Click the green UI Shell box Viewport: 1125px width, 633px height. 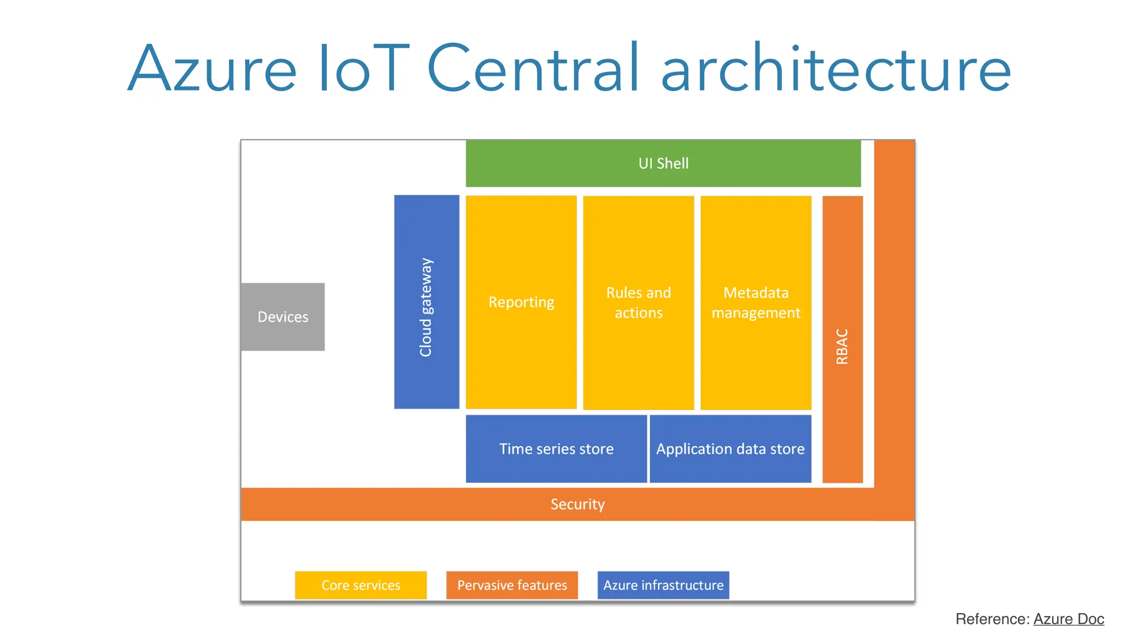pyautogui.click(x=663, y=163)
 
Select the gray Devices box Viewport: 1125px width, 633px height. pyautogui.click(x=283, y=317)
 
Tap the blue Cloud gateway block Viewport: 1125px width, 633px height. pyautogui.click(x=426, y=302)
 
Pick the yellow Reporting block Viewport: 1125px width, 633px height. pyautogui.click(x=521, y=302)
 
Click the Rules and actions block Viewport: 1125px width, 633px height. pyautogui.click(x=638, y=303)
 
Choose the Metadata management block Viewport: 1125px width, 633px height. pyautogui.click(x=756, y=303)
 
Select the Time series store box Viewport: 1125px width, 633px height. pyautogui.click(x=556, y=449)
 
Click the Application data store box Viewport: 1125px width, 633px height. pyautogui.click(x=730, y=449)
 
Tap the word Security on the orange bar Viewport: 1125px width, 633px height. pyautogui.click(x=577, y=504)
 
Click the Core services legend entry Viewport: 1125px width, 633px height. pyautogui.click(x=361, y=585)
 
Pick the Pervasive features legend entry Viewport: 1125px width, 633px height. pyautogui.click(x=512, y=585)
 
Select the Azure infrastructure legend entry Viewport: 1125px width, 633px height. pyautogui.click(x=663, y=585)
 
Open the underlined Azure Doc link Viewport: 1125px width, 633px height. pyautogui.click(x=1068, y=619)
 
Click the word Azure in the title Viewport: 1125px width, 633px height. pyautogui.click(x=212, y=69)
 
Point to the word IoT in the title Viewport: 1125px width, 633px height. pyautogui.click(x=364, y=69)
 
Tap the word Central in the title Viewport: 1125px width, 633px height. pyautogui.click(x=533, y=69)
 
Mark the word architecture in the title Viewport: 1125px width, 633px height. pyautogui.click(x=836, y=69)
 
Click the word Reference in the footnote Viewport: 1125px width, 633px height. pyautogui.click(x=992, y=619)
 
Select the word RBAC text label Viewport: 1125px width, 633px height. pyautogui.click(x=842, y=347)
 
